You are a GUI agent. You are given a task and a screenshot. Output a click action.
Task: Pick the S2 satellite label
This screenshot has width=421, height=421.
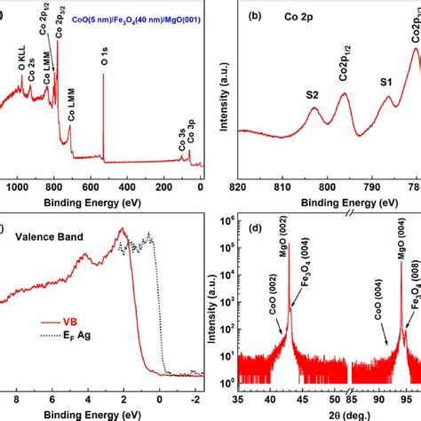(312, 93)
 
